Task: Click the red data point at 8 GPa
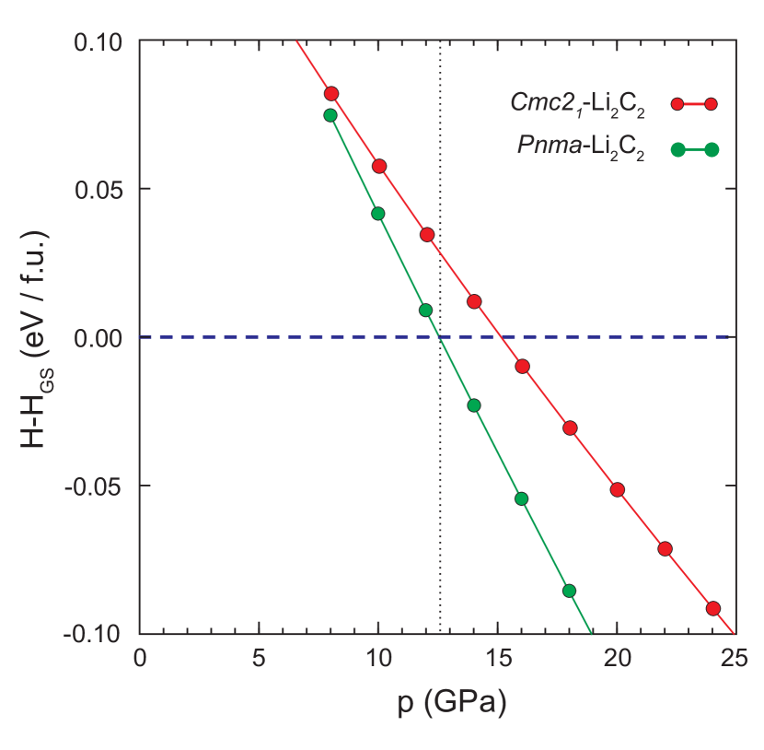tap(331, 94)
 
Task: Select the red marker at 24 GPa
tap(712, 609)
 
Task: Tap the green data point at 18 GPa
tap(569, 591)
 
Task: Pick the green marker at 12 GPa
tap(425, 311)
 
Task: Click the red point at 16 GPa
tap(522, 366)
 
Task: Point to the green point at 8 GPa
tap(330, 115)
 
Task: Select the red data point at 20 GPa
tap(617, 490)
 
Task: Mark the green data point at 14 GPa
tap(474, 405)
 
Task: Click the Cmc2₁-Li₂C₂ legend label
tap(577, 103)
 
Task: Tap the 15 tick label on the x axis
tap(498, 659)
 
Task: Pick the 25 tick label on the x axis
tap(734, 659)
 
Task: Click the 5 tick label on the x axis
tap(260, 659)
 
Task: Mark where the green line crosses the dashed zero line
tap(440, 337)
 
